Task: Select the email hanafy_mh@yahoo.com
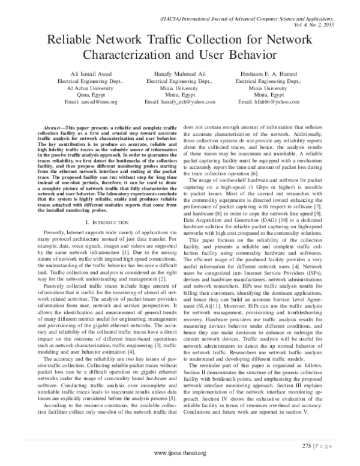click(188, 103)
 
